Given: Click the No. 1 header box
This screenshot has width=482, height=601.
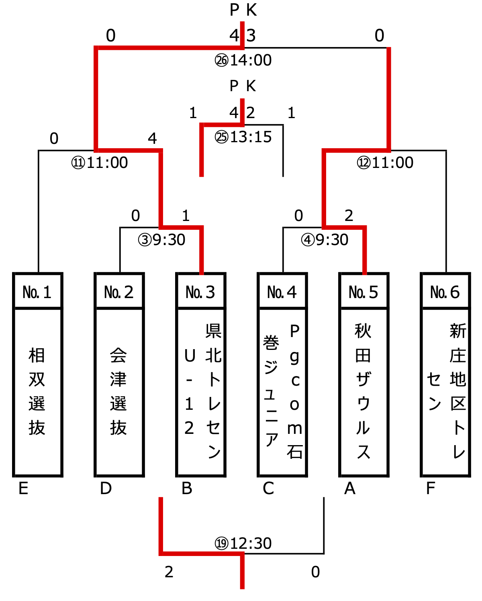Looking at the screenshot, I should point(38,292).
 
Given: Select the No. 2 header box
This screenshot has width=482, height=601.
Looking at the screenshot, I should point(119,292).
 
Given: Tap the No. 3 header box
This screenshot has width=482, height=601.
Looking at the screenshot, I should point(201,292).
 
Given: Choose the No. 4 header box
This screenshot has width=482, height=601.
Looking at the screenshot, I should point(282,292).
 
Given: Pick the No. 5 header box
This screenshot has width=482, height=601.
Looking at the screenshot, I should point(364,292).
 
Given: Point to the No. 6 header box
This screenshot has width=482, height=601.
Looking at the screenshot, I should point(445,292).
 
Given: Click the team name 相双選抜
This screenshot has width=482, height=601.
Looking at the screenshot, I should point(37,392).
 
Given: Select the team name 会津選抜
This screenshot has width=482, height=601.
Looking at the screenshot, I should point(118,392).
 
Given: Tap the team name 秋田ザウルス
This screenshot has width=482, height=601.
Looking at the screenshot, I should point(363,392).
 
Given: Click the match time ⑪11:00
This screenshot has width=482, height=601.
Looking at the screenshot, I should point(100,163).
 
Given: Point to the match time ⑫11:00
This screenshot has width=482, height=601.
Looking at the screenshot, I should point(385,163).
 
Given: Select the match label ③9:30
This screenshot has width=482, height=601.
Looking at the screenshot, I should point(161,240).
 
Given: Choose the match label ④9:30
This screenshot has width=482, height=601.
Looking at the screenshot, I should point(325,240).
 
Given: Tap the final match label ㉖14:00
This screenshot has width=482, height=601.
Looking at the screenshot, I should point(243,60).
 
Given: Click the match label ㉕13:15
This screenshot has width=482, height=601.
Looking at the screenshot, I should point(243,137).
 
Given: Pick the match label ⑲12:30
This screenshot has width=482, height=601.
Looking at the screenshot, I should point(243,544).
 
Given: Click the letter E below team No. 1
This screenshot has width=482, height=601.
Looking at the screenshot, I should point(24,489).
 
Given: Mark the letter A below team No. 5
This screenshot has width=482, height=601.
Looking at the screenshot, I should point(350,489).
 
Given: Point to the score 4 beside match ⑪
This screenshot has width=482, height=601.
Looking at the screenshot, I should point(152,139).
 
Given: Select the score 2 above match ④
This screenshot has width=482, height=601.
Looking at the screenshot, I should point(349,216).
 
